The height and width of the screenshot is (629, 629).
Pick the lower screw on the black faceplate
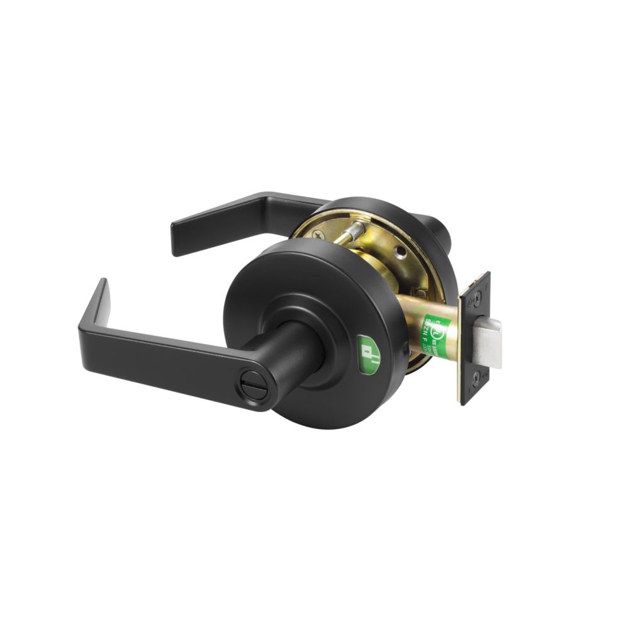476,378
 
